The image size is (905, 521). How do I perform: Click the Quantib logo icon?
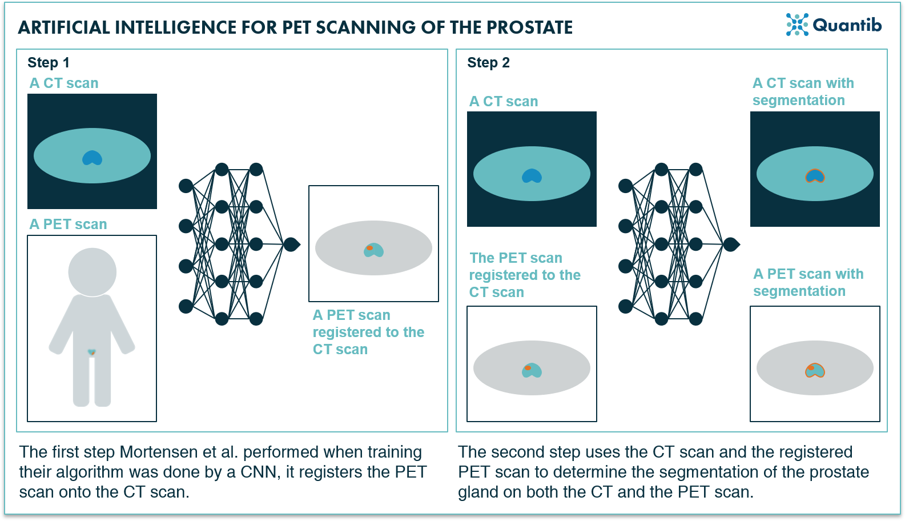[797, 25]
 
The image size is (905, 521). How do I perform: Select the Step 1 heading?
[49, 63]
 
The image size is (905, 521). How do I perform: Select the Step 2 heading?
[488, 63]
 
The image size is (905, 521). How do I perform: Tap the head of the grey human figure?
[92, 272]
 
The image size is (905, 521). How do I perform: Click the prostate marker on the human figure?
[92, 352]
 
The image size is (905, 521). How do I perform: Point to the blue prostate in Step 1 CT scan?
[92, 158]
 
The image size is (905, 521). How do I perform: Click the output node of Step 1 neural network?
[291, 245]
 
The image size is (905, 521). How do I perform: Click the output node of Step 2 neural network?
[731, 245]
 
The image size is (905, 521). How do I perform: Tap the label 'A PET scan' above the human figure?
[68, 225]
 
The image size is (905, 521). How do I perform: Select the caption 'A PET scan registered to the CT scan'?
[368, 332]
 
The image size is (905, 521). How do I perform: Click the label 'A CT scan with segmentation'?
[803, 91]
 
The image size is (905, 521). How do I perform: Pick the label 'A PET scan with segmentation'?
[808, 282]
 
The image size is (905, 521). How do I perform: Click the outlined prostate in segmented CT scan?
[815, 175]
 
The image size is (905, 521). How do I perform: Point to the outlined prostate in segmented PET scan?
[815, 371]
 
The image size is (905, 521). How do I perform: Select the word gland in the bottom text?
[478, 492]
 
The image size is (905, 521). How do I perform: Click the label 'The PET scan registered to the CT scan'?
[524, 275]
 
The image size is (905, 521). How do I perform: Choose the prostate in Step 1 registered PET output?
[373, 250]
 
